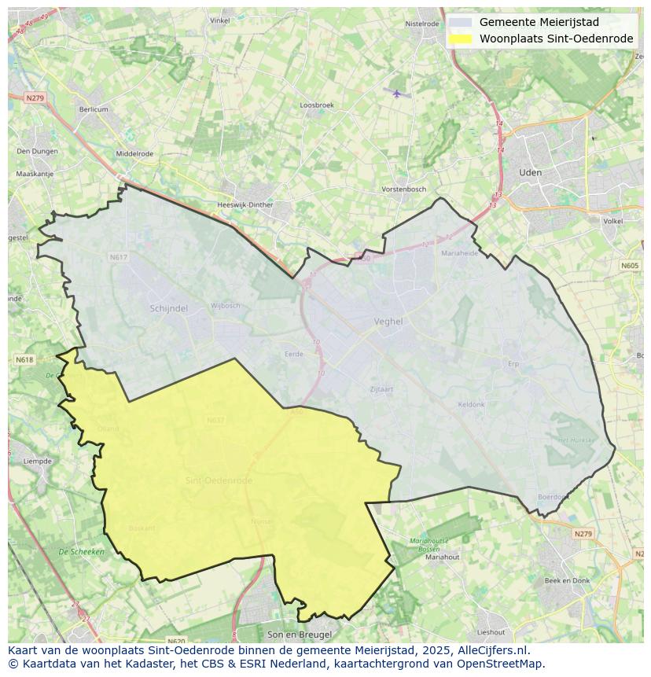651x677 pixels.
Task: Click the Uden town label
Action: pos(531,172)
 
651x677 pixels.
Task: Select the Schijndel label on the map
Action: pos(168,309)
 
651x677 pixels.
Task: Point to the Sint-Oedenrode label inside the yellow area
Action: pos(219,480)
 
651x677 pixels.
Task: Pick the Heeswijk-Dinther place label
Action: pos(245,205)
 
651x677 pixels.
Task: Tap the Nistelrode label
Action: pos(422,24)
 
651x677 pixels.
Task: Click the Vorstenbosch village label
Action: pos(403,189)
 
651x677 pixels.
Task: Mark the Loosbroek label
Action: pos(317,105)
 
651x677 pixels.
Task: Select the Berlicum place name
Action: pos(94,109)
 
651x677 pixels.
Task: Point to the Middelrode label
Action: pos(134,154)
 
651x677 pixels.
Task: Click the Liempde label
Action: pos(37,461)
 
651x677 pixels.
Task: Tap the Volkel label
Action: pos(612,222)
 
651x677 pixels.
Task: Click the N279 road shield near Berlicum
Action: pos(35,98)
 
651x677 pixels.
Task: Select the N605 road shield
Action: pos(630,266)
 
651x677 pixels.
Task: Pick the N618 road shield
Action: pos(24,359)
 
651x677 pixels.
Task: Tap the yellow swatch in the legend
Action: pos(461,39)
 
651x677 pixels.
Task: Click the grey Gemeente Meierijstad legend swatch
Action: pos(461,23)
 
